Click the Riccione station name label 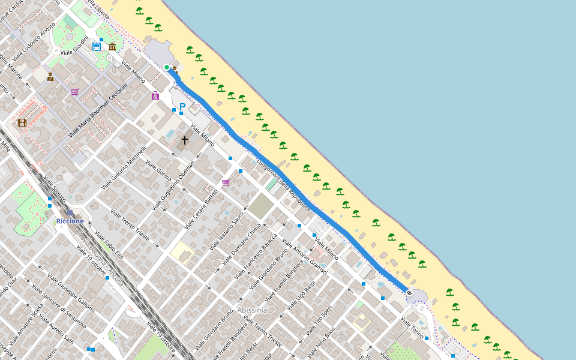pos(70,221)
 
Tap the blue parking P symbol pos(182,107)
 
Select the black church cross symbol pos(185,140)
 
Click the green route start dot pos(167,67)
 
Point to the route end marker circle pos(409,293)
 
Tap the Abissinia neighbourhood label pos(252,310)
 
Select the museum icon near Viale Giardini pos(112,46)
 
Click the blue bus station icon pos(97,46)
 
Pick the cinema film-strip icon pos(22,122)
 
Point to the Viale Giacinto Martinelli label pos(124,169)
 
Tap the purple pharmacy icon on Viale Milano pos(155,95)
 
